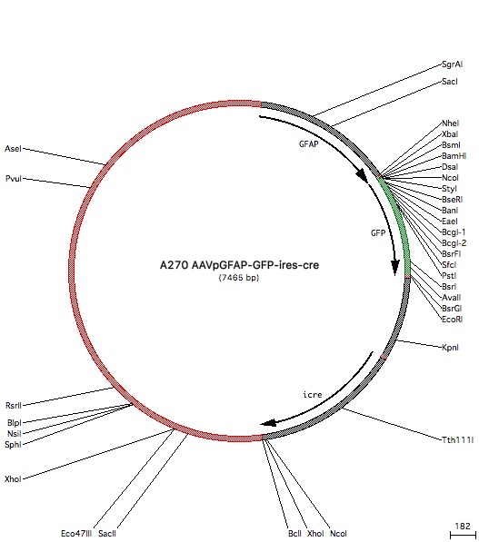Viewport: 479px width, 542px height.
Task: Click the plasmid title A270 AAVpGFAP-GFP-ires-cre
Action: click(x=239, y=265)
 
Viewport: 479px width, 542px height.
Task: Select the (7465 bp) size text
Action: click(x=239, y=277)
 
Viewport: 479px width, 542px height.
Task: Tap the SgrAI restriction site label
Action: click(x=452, y=64)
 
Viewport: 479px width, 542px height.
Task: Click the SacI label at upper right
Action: click(x=450, y=82)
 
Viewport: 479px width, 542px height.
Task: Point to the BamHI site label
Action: click(x=454, y=156)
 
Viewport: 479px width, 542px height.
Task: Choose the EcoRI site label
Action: click(x=452, y=319)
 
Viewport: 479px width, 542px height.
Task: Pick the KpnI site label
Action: click(x=450, y=348)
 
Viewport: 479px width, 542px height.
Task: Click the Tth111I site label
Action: click(x=457, y=440)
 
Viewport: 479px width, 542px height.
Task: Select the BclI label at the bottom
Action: click(x=294, y=533)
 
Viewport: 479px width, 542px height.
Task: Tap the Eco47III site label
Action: click(x=76, y=533)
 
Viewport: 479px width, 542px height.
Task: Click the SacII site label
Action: click(x=107, y=533)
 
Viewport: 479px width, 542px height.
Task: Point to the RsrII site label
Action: click(x=14, y=406)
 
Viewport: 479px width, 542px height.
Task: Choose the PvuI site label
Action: click(x=14, y=179)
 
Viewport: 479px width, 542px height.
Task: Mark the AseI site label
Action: click(x=13, y=149)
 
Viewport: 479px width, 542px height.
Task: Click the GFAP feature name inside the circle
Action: click(x=309, y=143)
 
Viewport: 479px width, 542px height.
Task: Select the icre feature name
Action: click(x=313, y=394)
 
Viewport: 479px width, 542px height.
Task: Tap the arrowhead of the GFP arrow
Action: click(x=394, y=268)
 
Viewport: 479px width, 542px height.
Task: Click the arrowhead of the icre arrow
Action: click(x=268, y=423)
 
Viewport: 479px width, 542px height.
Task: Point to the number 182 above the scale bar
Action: click(x=463, y=526)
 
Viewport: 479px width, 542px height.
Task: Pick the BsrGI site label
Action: click(x=452, y=309)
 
